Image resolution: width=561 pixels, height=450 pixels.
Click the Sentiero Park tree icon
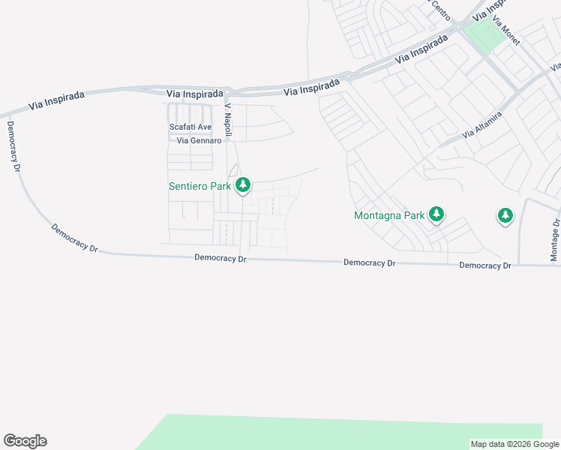pyautogui.click(x=242, y=185)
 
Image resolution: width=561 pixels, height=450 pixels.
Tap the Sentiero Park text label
pyautogui.click(x=199, y=186)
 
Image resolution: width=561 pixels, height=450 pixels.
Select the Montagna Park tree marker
pyautogui.click(x=436, y=215)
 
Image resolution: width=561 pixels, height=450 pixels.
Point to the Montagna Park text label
pyautogui.click(x=389, y=216)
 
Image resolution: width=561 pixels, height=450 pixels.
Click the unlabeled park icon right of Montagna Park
pyautogui.click(x=505, y=216)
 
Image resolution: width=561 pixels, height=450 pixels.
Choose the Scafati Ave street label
pyautogui.click(x=190, y=127)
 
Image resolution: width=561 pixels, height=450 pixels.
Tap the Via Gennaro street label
pyautogui.click(x=199, y=140)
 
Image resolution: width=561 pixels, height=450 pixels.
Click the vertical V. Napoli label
pyautogui.click(x=229, y=121)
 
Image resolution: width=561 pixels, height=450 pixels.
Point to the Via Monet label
pyautogui.click(x=506, y=31)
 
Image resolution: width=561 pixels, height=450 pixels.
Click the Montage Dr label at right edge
pyautogui.click(x=555, y=240)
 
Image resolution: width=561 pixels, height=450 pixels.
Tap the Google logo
pyautogui.click(x=25, y=441)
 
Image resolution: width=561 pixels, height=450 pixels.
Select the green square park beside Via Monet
pyautogui.click(x=484, y=34)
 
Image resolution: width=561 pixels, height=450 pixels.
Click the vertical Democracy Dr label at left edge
pyautogui.click(x=13, y=147)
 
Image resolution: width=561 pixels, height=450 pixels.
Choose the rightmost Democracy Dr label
pyautogui.click(x=484, y=265)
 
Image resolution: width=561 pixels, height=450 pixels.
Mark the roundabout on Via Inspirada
pyautogui.click(x=347, y=76)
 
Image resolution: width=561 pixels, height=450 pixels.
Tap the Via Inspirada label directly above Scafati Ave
pyautogui.click(x=195, y=94)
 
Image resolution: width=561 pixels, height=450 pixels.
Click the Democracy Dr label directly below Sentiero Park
pyautogui.click(x=220, y=257)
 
